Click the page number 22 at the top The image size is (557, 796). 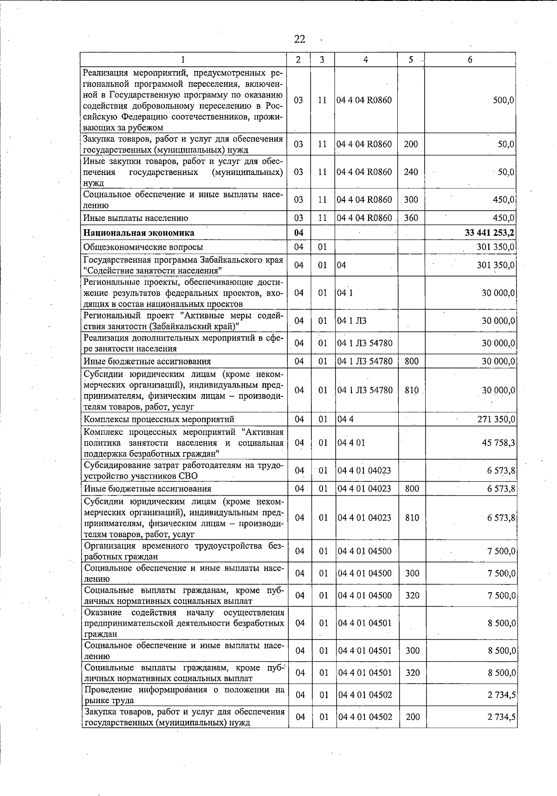299,40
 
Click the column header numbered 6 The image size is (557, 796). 470,59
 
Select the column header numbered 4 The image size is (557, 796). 366,59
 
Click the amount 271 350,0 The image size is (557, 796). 496,420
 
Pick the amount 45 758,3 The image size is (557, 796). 499,443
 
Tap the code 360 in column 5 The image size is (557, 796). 411,218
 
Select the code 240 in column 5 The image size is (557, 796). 411,172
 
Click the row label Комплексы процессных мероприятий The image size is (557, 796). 159,420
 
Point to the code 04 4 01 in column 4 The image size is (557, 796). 351,443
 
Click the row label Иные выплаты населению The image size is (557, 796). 136,218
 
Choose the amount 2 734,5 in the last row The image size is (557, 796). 501,717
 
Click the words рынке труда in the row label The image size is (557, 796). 109,700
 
